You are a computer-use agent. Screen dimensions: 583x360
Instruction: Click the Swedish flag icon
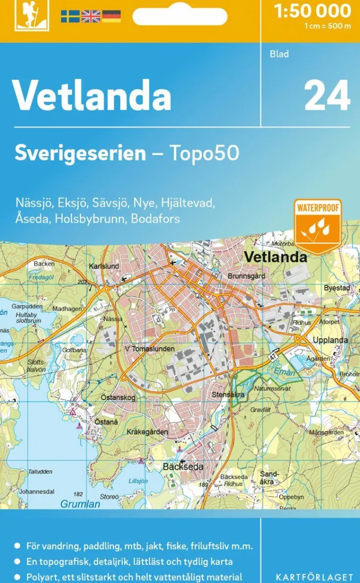70,16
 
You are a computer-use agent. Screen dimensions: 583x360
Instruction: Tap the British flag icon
90,16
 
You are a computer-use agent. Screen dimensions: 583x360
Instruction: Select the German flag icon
111,16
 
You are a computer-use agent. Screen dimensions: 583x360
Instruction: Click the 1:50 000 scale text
313,11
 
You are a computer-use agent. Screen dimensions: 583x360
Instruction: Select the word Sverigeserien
80,153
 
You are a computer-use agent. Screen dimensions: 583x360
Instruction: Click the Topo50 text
204,153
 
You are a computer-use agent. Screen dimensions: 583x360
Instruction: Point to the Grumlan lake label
80,504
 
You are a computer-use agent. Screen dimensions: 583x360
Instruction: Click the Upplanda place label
330,340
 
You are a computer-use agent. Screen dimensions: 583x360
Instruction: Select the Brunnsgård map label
246,276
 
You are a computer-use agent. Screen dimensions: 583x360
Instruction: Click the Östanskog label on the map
118,398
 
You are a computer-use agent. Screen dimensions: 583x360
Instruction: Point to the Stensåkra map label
227,394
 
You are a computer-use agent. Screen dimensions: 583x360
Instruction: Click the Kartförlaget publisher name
314,577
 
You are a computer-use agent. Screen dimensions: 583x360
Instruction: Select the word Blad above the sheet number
279,54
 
